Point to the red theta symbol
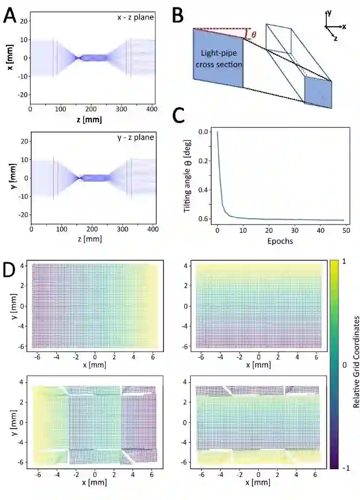point(253,35)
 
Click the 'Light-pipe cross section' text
point(218,58)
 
